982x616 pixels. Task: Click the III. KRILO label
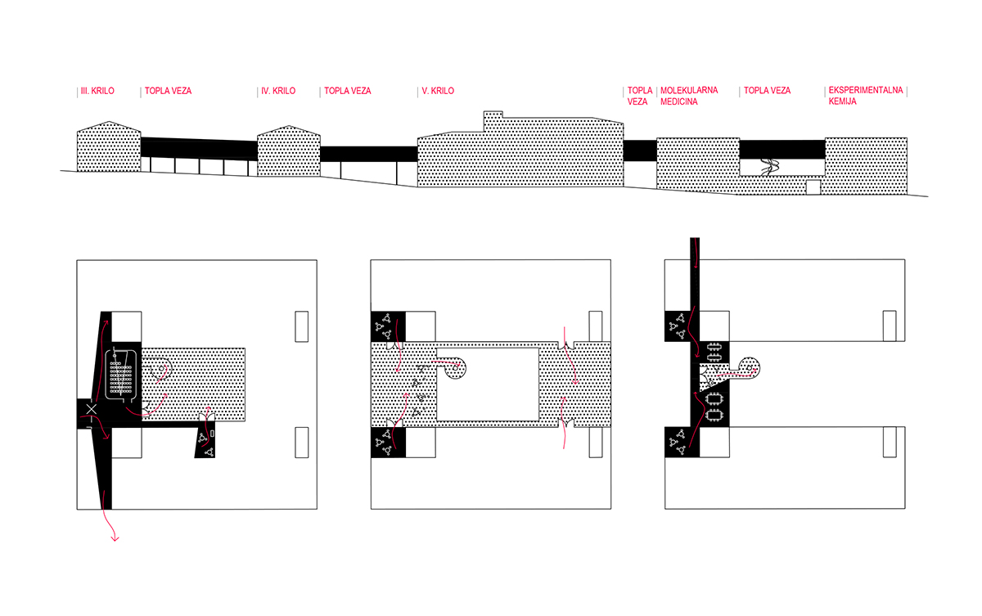pyautogui.click(x=97, y=91)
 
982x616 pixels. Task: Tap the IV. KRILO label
pyautogui.click(x=278, y=91)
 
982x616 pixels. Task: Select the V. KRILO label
pyautogui.click(x=438, y=91)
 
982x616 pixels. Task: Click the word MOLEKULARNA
pyautogui.click(x=689, y=90)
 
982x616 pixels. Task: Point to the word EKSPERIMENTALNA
pyautogui.click(x=866, y=90)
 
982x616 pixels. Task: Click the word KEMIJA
pyautogui.click(x=843, y=101)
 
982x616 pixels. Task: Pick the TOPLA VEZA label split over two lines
pyautogui.click(x=640, y=96)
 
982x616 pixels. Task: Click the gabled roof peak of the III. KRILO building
pyautogui.click(x=109, y=121)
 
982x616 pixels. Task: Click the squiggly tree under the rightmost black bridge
pyautogui.click(x=770, y=167)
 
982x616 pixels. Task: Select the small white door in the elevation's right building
pyautogui.click(x=813, y=187)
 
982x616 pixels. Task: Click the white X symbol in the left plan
pyautogui.click(x=91, y=409)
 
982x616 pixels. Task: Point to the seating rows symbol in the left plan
pyautogui.click(x=120, y=377)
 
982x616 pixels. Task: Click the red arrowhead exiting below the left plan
pyautogui.click(x=115, y=538)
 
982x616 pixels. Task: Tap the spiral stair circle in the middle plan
pyautogui.click(x=456, y=368)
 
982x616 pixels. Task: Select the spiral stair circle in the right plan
pyautogui.click(x=750, y=367)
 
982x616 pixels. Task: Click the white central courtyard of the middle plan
pyautogui.click(x=488, y=384)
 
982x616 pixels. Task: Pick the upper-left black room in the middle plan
pyautogui.click(x=388, y=326)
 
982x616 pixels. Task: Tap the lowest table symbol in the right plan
pyautogui.click(x=714, y=416)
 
